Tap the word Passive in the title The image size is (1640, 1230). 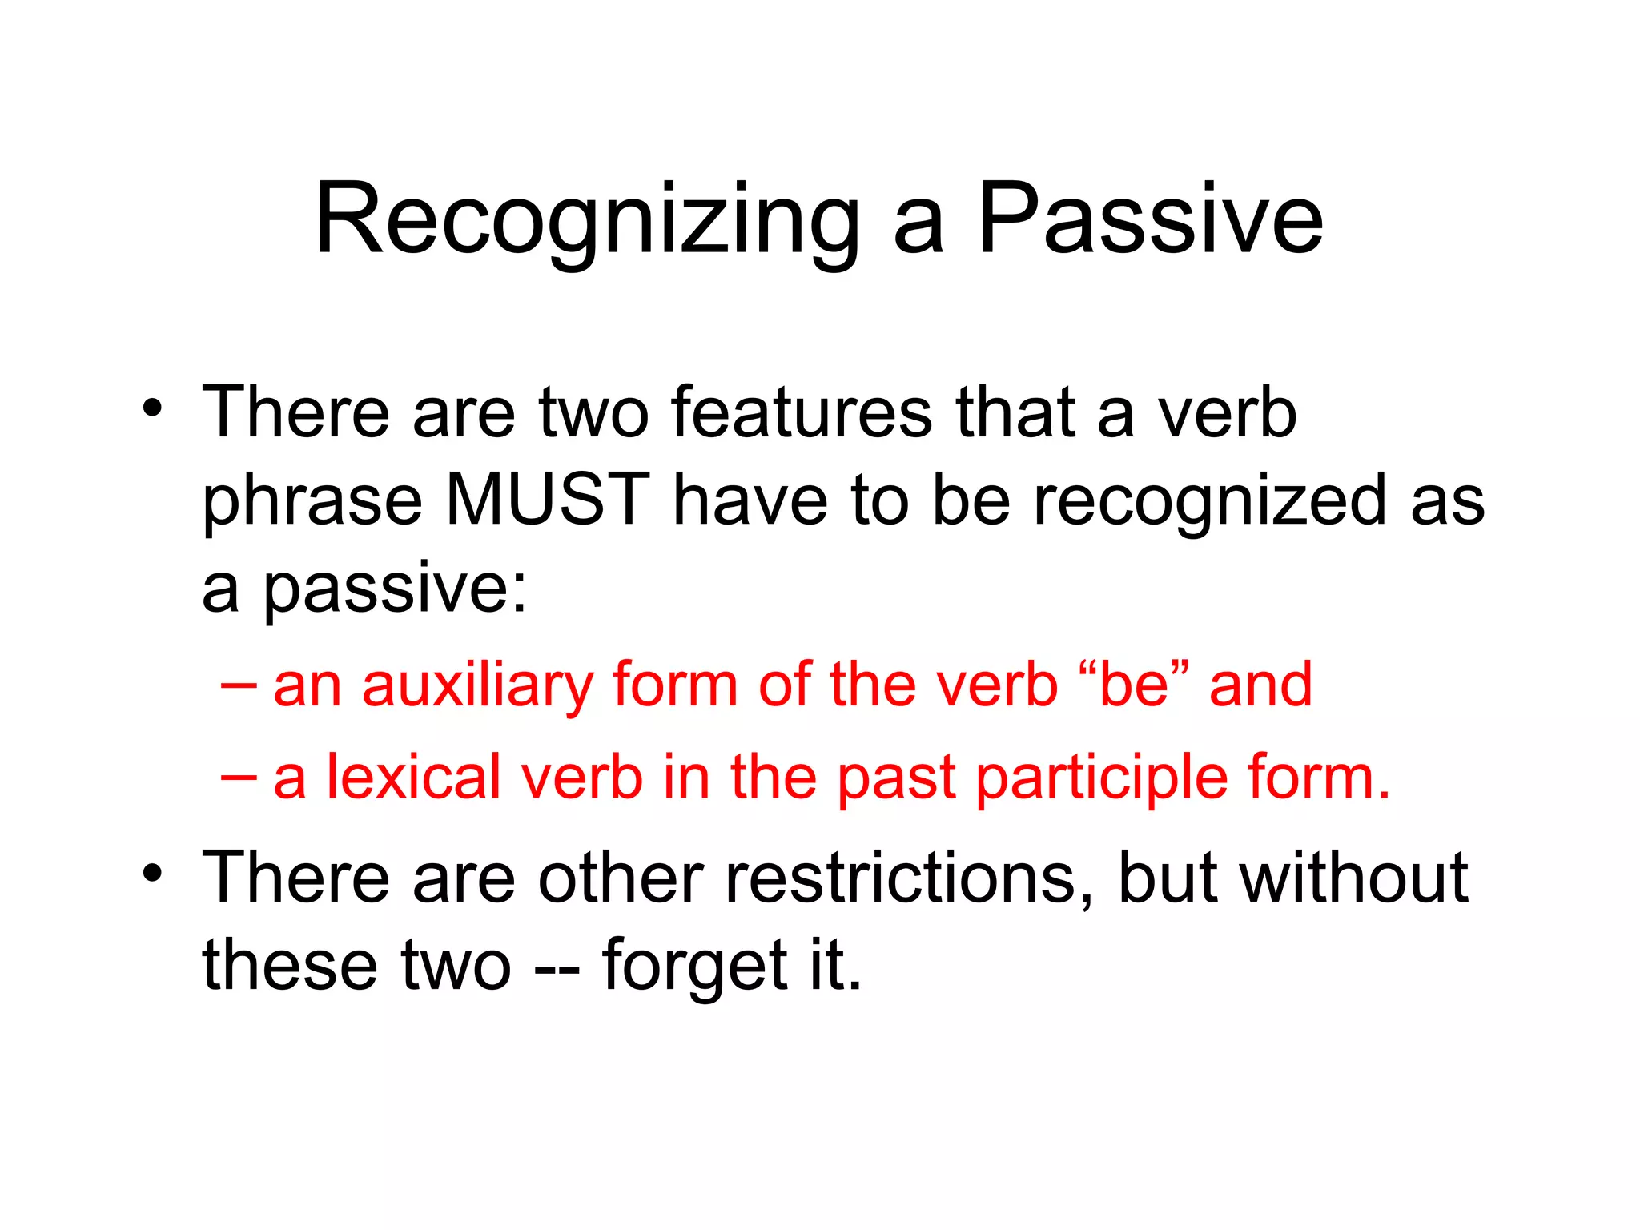click(x=1150, y=219)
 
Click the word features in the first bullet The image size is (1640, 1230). click(x=802, y=413)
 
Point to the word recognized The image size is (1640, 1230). click(x=1209, y=501)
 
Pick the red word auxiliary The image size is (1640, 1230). click(x=477, y=687)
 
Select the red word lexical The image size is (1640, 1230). click(x=414, y=777)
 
